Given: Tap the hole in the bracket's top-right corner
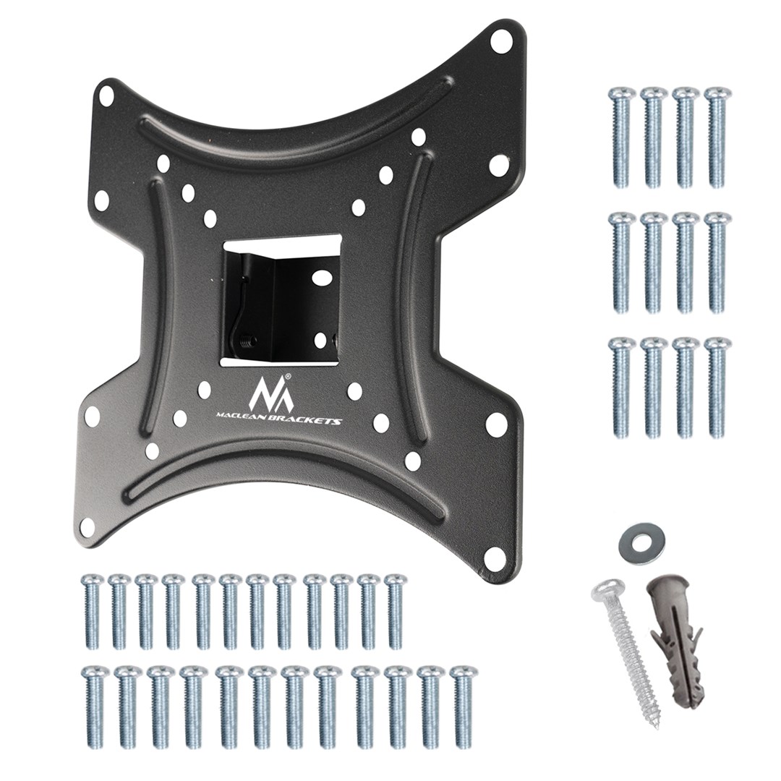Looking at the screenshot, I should pyautogui.click(x=498, y=41).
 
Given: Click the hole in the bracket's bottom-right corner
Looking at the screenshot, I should pyautogui.click(x=494, y=557).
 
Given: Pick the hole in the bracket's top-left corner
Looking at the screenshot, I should pyautogui.click(x=106, y=94).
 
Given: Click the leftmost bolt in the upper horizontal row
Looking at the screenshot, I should pyautogui.click(x=93, y=611).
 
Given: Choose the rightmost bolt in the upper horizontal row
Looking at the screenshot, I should pyautogui.click(x=395, y=611).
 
